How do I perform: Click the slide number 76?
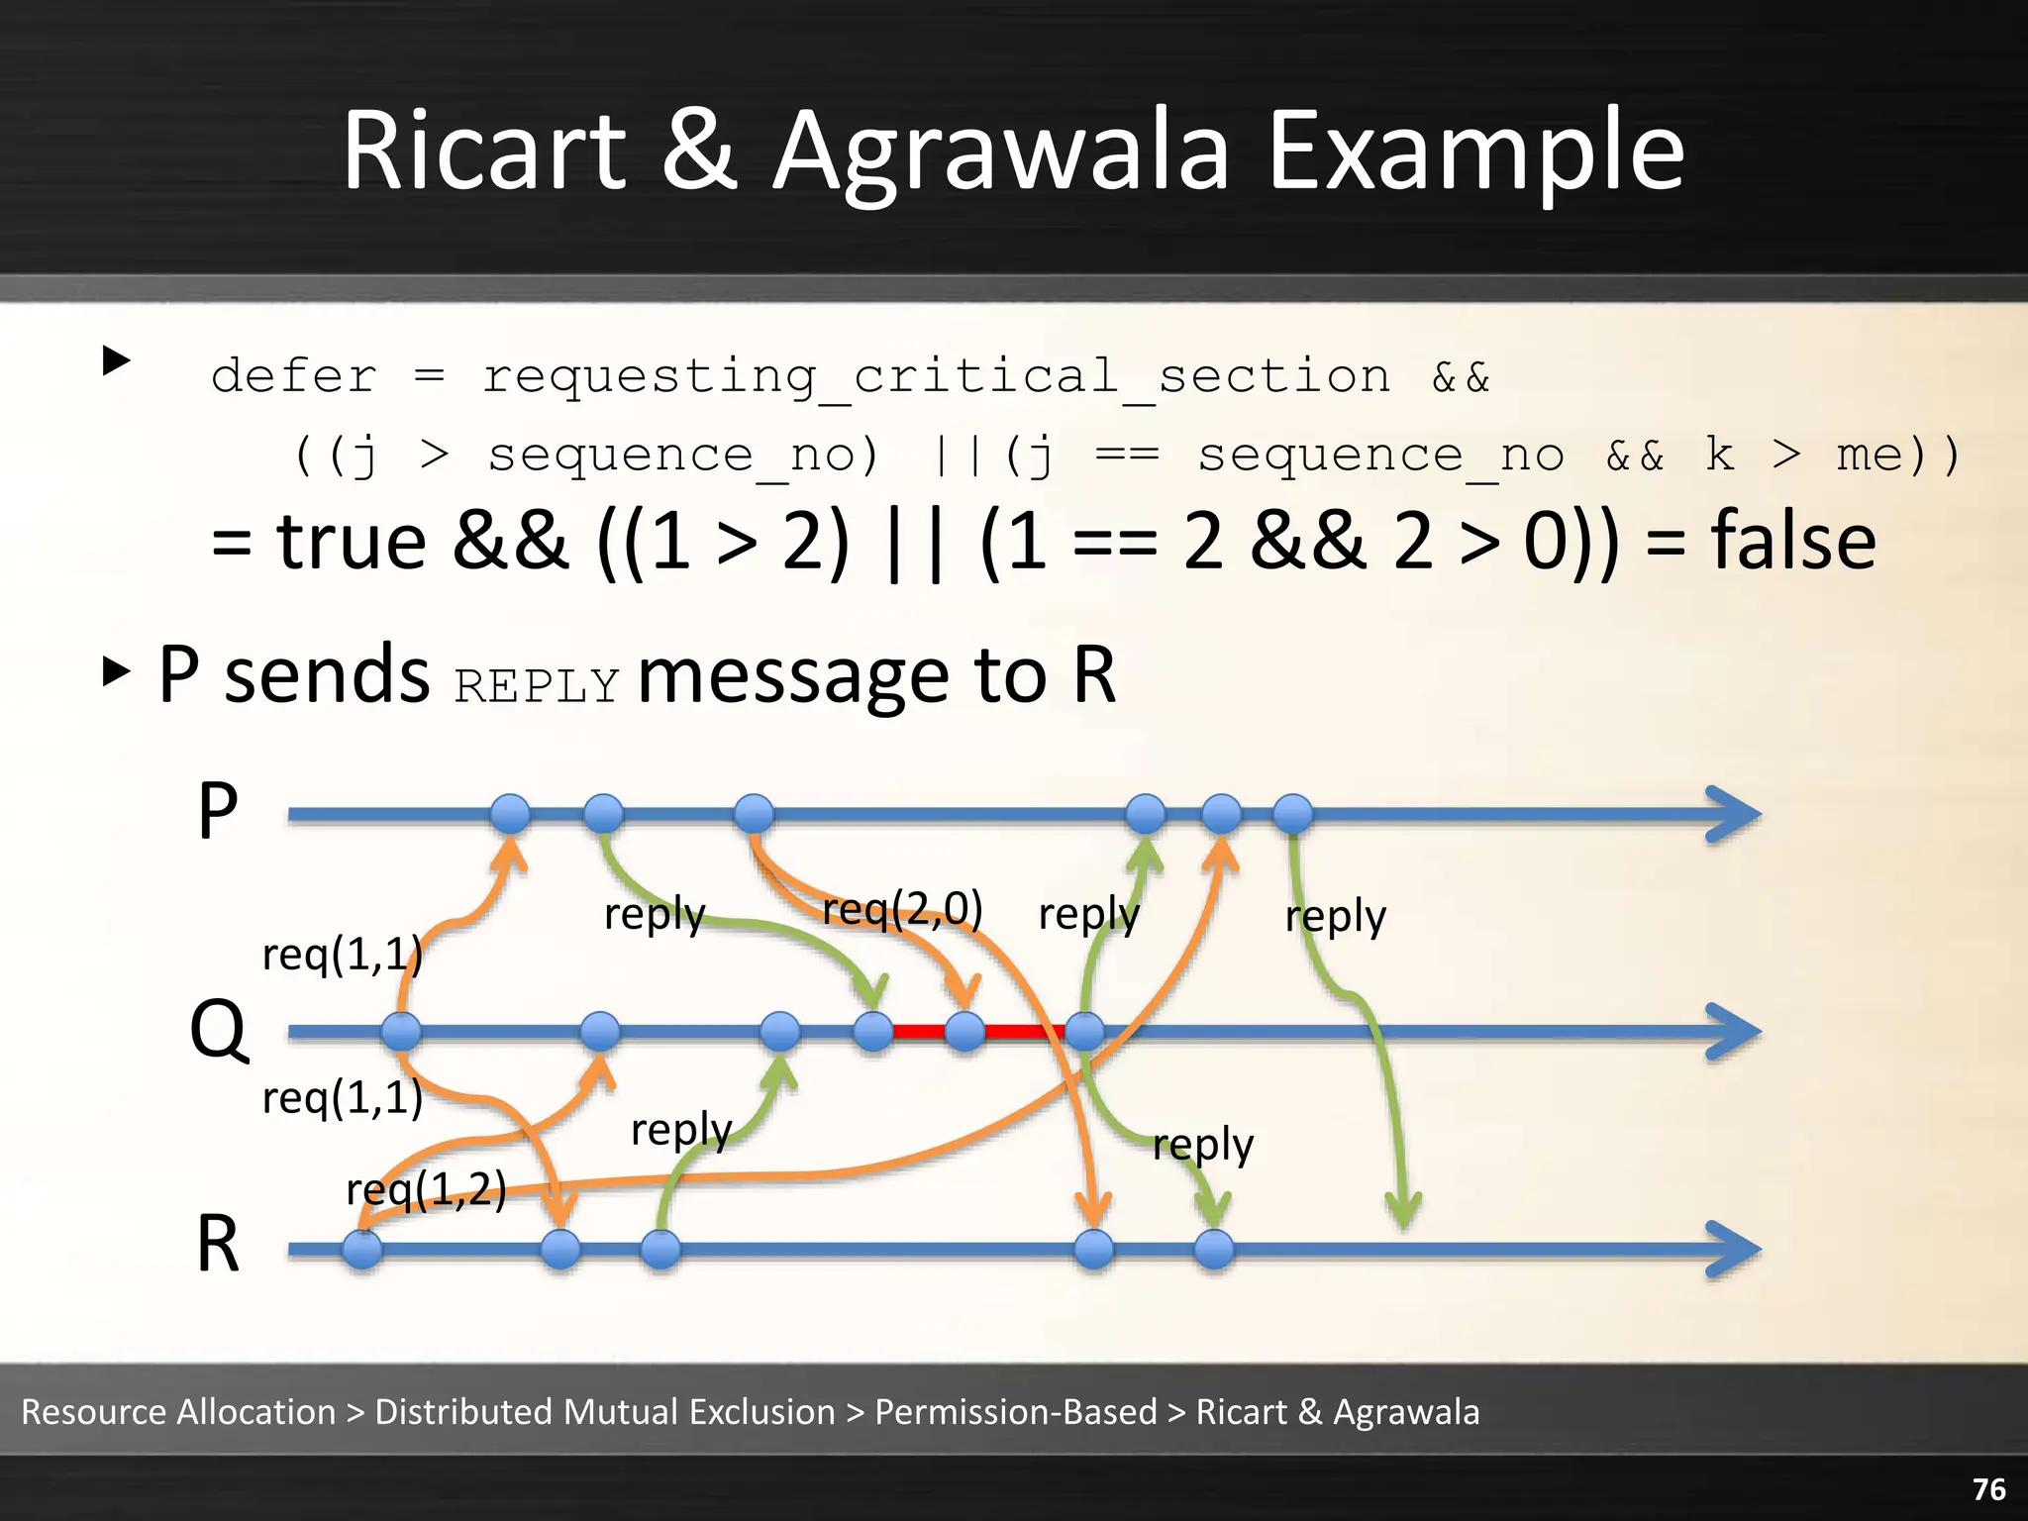(x=1988, y=1489)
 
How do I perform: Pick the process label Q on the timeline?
(x=218, y=1030)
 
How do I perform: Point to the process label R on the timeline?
(x=218, y=1245)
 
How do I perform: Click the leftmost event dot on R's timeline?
(x=362, y=1249)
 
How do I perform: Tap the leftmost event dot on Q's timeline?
(x=401, y=1032)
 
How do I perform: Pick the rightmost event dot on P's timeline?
(x=1292, y=814)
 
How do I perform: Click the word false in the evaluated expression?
(x=1792, y=541)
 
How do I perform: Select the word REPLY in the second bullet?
(x=537, y=685)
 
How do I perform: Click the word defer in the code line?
(x=294, y=376)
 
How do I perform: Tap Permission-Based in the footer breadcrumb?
(x=1015, y=1411)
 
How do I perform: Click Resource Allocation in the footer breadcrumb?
(x=178, y=1411)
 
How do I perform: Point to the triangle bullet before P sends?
(x=117, y=672)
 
